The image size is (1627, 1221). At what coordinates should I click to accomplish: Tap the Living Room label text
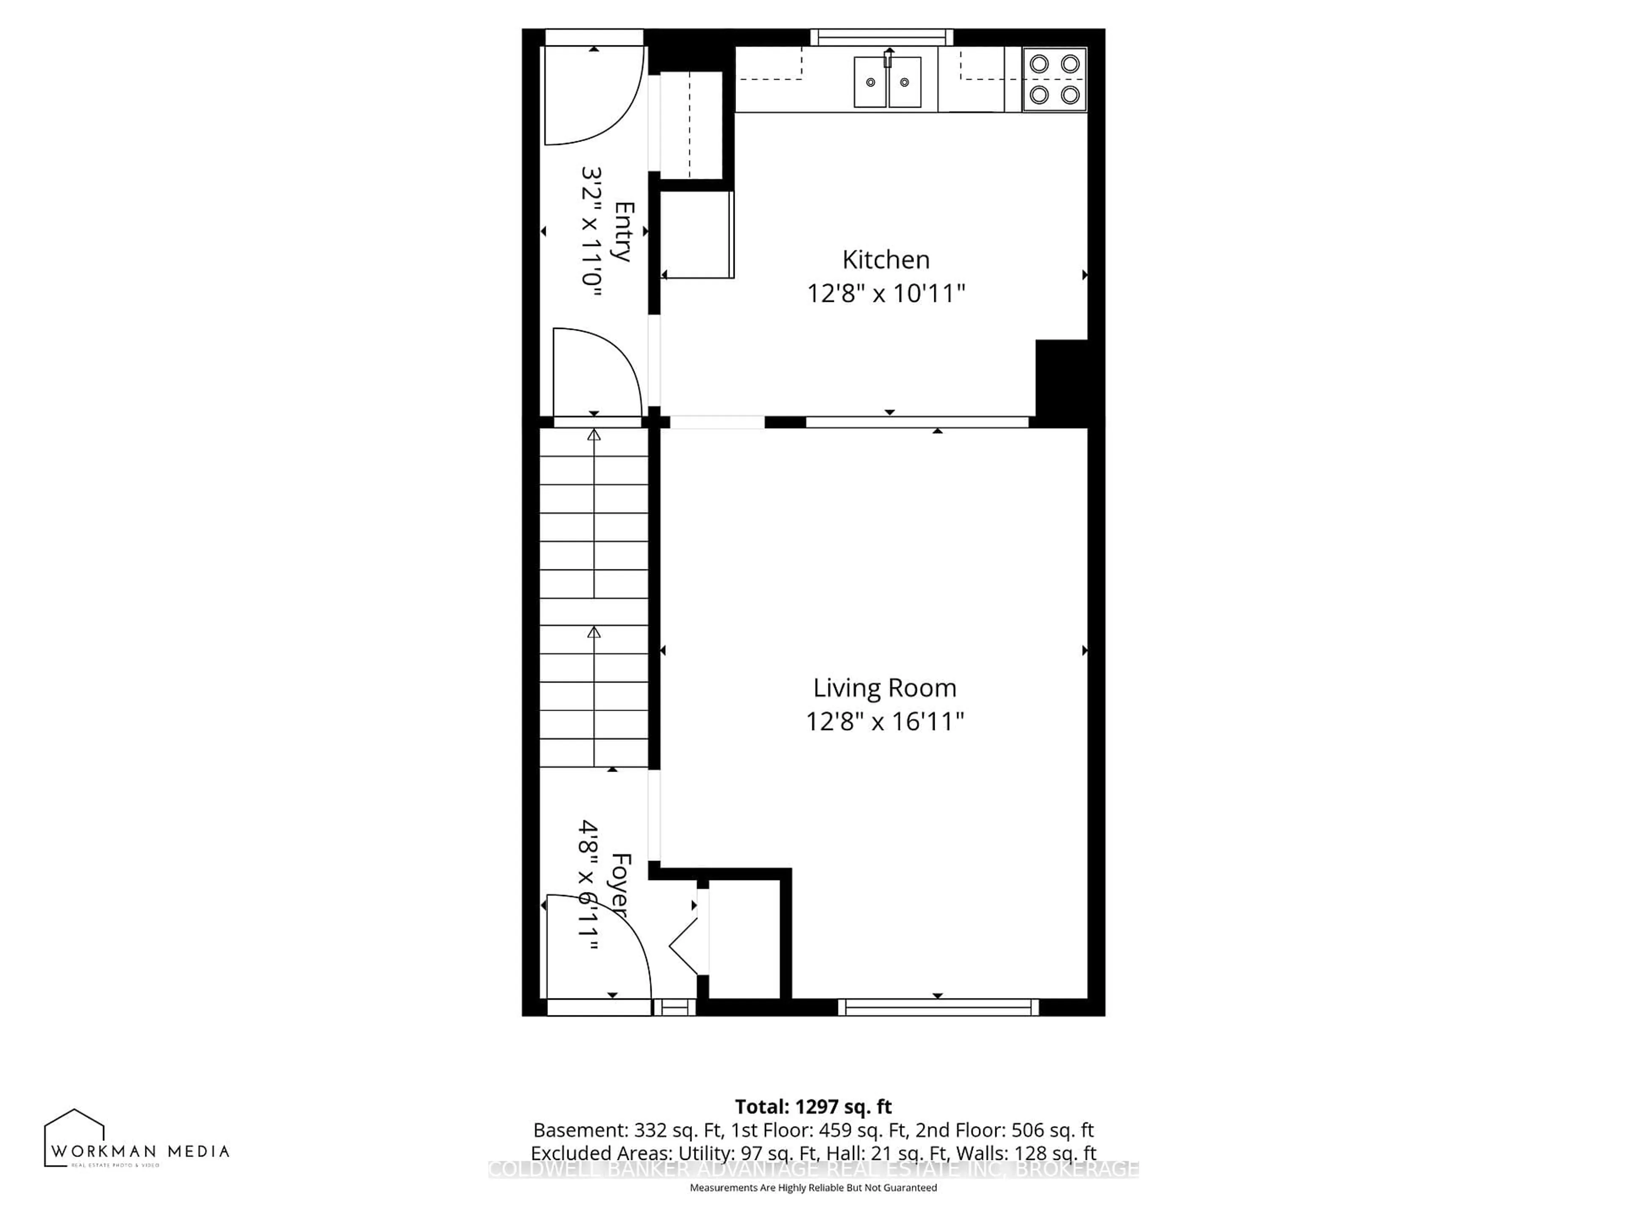[x=884, y=688]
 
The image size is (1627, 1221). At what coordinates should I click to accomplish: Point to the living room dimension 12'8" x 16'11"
[x=884, y=721]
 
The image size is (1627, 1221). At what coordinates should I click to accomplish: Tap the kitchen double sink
[x=887, y=82]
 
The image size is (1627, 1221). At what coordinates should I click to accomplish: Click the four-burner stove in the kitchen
[x=1054, y=79]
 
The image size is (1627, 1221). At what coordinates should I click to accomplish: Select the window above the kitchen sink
[x=881, y=37]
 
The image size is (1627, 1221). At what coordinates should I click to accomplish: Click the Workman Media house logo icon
[x=74, y=1139]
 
